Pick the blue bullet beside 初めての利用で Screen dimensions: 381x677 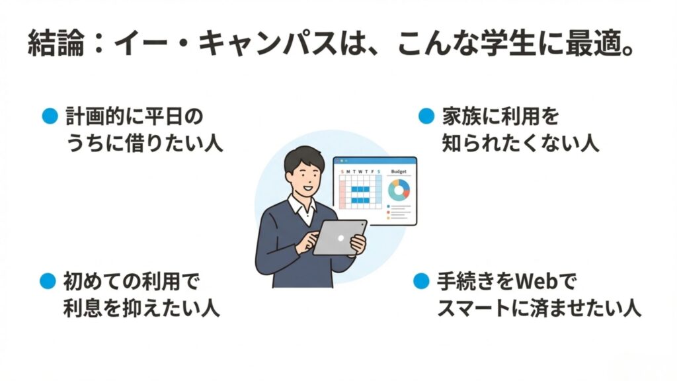[48, 281]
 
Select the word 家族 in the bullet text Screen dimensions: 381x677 [459, 117]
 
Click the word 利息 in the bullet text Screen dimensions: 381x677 [79, 309]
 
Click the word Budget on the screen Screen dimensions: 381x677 [399, 171]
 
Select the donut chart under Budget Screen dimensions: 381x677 [399, 190]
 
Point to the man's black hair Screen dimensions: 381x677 [301, 156]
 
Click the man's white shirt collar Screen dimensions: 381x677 [301, 210]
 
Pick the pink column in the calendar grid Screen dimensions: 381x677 [342, 192]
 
